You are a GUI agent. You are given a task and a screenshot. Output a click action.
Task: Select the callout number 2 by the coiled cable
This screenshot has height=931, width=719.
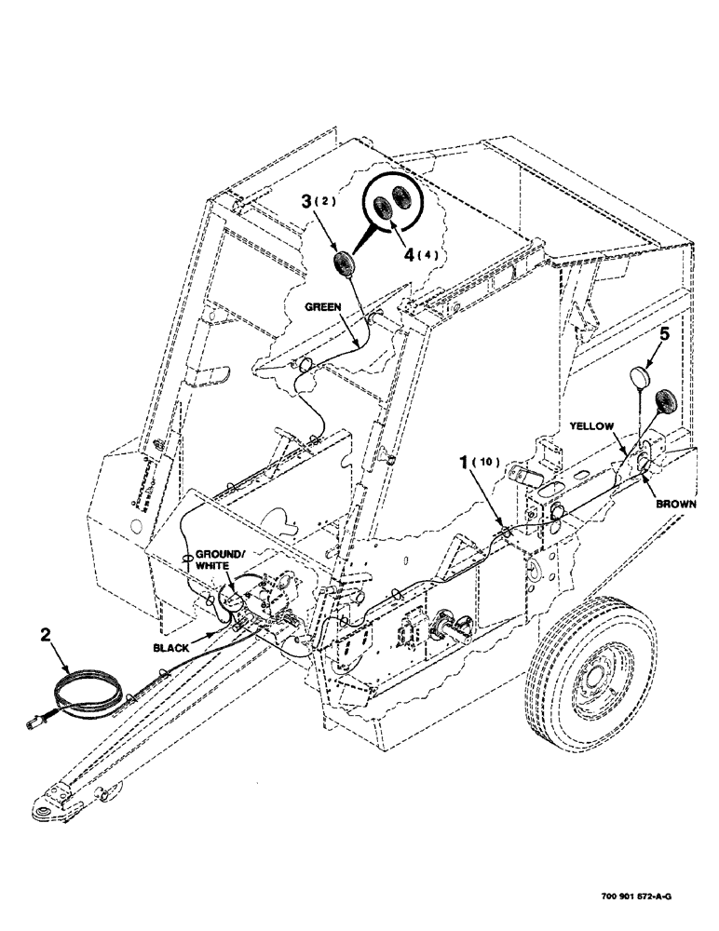[45, 637]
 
